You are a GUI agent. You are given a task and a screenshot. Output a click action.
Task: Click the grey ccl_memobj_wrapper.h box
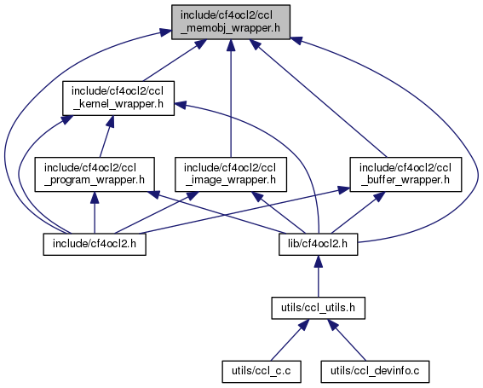coord(231,22)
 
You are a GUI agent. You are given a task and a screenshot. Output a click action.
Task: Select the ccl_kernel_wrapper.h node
coord(118,98)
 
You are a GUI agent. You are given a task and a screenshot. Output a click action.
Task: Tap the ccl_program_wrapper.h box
coord(95,175)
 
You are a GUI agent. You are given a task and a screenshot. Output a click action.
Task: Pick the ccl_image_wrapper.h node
coord(231,175)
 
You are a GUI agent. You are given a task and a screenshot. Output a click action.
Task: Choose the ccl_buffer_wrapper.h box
coord(405,175)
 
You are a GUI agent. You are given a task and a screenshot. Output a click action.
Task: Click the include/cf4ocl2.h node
coord(95,244)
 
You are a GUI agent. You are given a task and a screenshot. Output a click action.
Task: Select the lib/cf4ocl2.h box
coord(319,244)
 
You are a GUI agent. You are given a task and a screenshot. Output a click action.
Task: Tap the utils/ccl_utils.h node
coord(319,308)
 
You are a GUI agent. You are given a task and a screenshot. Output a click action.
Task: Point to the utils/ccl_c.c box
coord(262,372)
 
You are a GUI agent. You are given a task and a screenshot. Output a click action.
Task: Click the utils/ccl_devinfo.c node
coord(375,372)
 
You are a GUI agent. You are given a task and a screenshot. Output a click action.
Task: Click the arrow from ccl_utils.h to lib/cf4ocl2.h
coord(319,276)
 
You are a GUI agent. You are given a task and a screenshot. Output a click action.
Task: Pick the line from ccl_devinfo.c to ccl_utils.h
coord(347,340)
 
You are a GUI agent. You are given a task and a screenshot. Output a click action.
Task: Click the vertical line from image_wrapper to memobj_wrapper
coord(231,98)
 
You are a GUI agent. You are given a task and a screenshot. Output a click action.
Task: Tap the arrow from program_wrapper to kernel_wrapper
coord(106,136)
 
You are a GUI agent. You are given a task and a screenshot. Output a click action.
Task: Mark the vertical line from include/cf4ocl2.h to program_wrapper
coord(95,212)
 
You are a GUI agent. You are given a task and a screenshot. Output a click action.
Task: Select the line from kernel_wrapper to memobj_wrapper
coord(175,61)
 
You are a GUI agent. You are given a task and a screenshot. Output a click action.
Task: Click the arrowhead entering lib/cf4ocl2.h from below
coord(319,261)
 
